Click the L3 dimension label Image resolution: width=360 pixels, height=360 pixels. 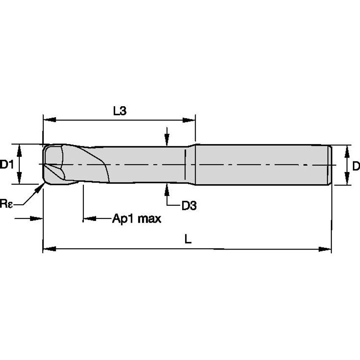click(x=120, y=111)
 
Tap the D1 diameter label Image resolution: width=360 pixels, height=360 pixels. click(x=7, y=164)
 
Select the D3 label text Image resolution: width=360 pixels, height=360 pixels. click(x=189, y=206)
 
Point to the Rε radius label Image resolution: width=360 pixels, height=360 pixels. click(x=6, y=204)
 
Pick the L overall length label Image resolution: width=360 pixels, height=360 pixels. click(x=188, y=239)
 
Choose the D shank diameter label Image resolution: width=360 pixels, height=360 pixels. click(x=356, y=166)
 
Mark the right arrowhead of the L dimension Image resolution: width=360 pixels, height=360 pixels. click(x=325, y=249)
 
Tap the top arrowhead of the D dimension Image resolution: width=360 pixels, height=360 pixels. click(x=348, y=150)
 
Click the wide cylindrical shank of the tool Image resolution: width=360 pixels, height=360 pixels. click(x=261, y=164)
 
